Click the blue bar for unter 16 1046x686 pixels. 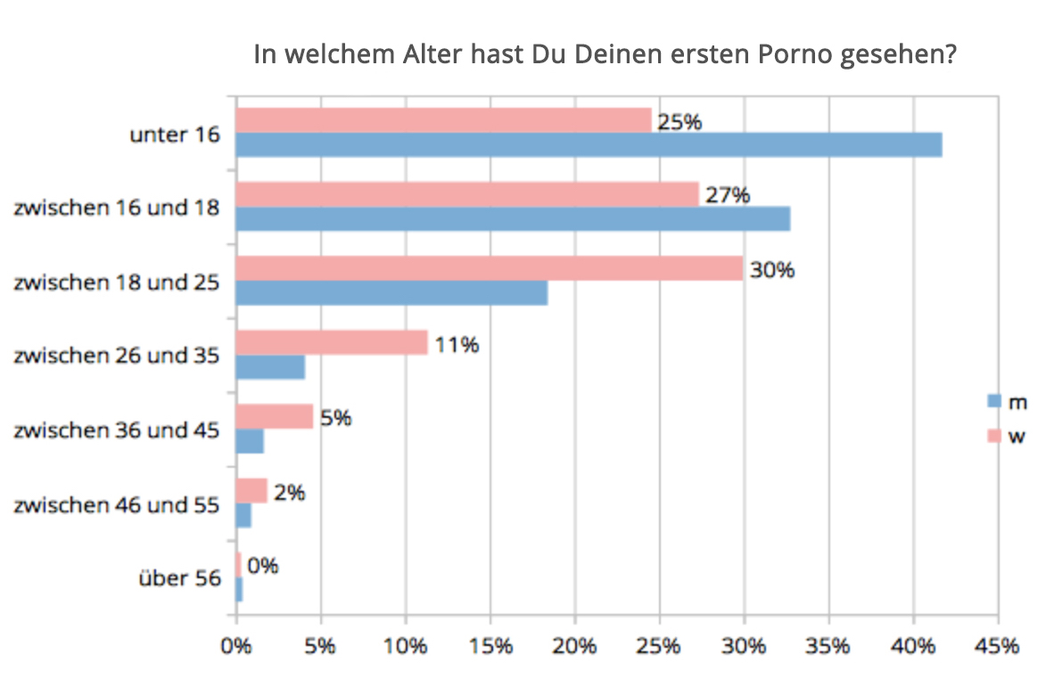(589, 145)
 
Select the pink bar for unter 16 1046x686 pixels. (443, 120)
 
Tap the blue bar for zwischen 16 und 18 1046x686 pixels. (513, 218)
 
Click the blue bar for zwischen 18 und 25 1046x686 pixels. (391, 293)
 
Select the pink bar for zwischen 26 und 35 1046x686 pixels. (331, 342)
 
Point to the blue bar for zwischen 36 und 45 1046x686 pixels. (250, 441)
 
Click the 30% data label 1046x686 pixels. (771, 269)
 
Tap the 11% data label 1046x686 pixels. (456, 343)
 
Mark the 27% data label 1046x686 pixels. (727, 195)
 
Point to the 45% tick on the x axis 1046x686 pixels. (997, 646)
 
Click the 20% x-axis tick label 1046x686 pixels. (573, 646)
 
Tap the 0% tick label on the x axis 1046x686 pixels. (235, 646)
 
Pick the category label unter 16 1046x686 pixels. (175, 135)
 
